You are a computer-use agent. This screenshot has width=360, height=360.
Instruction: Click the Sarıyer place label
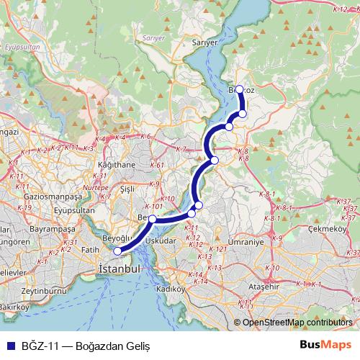point(204,43)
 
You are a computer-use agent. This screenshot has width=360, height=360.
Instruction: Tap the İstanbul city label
point(118,268)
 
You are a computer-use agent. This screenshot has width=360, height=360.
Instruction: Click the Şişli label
point(127,189)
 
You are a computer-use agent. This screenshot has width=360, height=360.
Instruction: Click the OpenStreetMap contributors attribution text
point(298,323)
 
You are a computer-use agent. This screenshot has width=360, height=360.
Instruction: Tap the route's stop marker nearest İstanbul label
point(118,251)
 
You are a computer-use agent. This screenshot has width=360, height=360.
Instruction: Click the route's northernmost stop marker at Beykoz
point(239,90)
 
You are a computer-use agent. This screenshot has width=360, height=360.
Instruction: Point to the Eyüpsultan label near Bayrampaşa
point(65,211)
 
